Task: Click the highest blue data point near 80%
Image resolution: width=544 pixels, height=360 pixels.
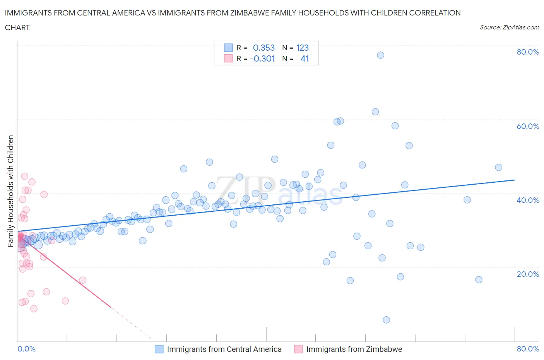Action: (380, 55)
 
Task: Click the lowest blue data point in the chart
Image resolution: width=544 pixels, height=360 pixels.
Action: (386, 320)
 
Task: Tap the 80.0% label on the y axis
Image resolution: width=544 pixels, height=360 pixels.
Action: (528, 52)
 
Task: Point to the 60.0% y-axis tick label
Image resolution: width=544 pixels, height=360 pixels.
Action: (528, 126)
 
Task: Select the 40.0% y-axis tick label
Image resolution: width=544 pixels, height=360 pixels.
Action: (528, 200)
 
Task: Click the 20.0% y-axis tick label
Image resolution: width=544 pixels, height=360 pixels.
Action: (528, 274)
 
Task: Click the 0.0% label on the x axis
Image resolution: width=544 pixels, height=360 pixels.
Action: (26, 349)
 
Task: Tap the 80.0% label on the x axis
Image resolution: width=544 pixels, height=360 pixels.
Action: (528, 349)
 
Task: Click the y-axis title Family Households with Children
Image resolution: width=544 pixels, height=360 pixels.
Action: (11, 191)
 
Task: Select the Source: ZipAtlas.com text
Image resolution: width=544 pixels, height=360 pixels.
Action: (509, 27)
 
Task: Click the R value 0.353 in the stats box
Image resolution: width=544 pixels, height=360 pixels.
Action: (263, 48)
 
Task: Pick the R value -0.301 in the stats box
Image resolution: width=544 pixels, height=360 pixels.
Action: (262, 58)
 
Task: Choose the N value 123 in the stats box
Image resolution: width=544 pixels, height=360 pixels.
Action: (302, 48)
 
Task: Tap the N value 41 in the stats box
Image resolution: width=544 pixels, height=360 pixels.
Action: (305, 58)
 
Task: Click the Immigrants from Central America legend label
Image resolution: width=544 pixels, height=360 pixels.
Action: (224, 349)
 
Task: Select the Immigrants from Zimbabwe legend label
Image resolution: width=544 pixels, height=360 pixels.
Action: (354, 349)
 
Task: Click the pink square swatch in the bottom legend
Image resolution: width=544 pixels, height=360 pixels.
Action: (298, 349)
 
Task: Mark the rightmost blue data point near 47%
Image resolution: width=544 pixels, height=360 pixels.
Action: (498, 168)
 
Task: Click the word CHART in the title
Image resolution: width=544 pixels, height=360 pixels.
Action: (17, 27)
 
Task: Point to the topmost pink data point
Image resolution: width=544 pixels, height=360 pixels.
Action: (24, 176)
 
